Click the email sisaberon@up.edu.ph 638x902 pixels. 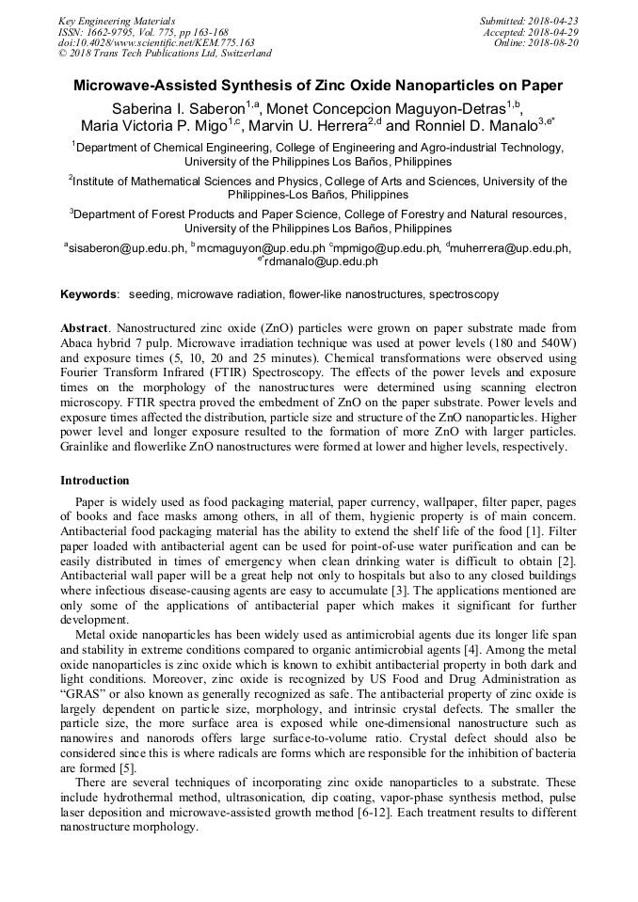pyautogui.click(x=126, y=248)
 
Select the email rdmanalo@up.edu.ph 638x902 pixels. pyautogui.click(x=320, y=261)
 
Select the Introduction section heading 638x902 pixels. pyautogui.click(x=94, y=481)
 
